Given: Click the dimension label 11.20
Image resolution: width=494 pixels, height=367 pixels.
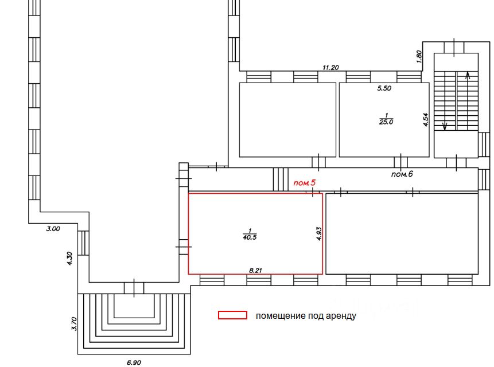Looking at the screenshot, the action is (330, 68).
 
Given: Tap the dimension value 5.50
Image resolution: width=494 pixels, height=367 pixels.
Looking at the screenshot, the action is (384, 89).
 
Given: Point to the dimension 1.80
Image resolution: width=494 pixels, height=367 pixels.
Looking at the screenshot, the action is (419, 56).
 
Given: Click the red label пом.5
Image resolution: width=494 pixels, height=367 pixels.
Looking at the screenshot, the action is (305, 183).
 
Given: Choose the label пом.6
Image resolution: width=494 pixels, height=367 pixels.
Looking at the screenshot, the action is (402, 174).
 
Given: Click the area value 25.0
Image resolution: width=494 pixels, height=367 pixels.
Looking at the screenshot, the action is (386, 122).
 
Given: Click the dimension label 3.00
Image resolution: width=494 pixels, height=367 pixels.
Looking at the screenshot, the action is (53, 229).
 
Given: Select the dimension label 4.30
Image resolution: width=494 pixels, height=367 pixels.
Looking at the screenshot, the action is (69, 258).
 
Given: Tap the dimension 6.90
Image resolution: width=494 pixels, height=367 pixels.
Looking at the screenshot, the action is (133, 362).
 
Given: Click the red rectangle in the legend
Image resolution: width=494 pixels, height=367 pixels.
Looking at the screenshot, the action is (232, 315).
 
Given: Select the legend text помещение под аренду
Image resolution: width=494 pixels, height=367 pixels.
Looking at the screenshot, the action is (306, 315).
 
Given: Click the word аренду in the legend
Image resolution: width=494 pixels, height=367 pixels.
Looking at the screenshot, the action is (340, 315).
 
